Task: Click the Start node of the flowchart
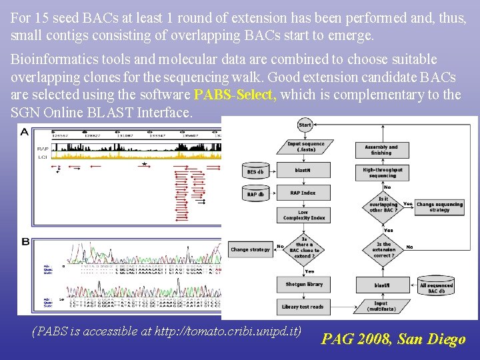pyautogui.click(x=305, y=125)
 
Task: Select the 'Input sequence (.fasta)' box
pyautogui.click(x=305, y=147)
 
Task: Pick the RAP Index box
pyautogui.click(x=303, y=193)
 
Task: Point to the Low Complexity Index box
pyautogui.click(x=303, y=215)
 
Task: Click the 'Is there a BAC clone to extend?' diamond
pyautogui.click(x=305, y=247)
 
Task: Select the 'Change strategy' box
pyautogui.click(x=251, y=249)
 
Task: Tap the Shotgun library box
pyautogui.click(x=305, y=284)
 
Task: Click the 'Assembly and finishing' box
pyautogui.click(x=382, y=149)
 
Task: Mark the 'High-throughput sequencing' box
pyautogui.click(x=383, y=173)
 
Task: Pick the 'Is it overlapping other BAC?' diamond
pyautogui.click(x=383, y=205)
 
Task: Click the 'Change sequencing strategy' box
pyautogui.click(x=439, y=207)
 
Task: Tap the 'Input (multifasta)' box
pyautogui.click(x=382, y=307)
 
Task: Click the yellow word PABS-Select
pyautogui.click(x=235, y=95)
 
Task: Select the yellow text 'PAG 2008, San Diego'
pyautogui.click(x=393, y=339)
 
